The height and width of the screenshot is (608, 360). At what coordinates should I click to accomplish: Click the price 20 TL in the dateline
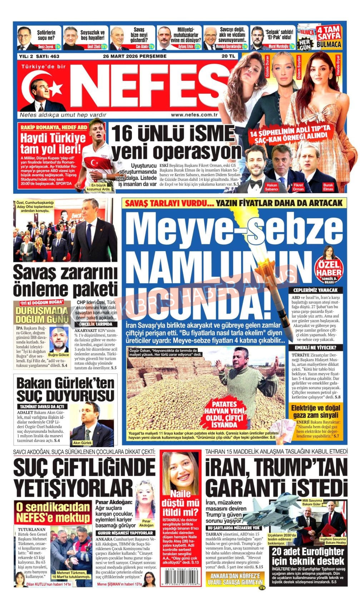[x=228, y=57]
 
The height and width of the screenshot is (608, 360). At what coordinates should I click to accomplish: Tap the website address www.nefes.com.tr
[x=194, y=115]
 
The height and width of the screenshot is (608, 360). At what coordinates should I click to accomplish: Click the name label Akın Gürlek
[x=83, y=442]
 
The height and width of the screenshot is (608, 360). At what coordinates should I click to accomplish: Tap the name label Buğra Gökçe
[x=59, y=354]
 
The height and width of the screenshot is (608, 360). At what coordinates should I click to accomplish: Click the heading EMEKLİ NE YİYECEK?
[x=315, y=347]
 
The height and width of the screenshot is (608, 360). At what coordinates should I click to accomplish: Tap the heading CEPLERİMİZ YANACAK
[x=315, y=290]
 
